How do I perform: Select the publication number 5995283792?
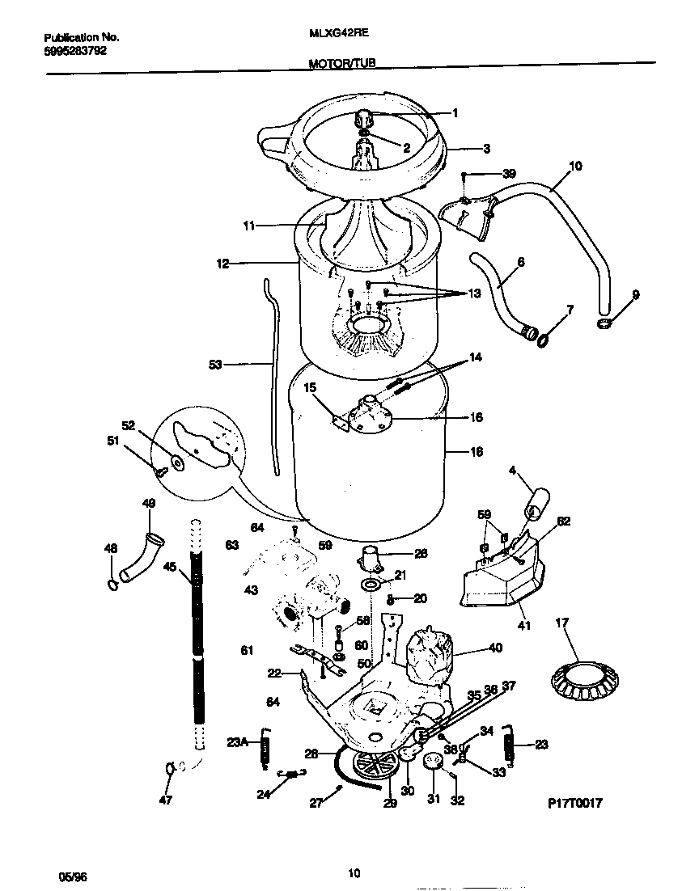coord(74,50)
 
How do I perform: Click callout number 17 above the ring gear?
coord(563,623)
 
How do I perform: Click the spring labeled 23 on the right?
coord(509,743)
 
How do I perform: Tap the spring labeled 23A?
coord(264,746)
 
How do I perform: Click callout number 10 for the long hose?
coord(575,167)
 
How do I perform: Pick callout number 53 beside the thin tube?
coord(215,365)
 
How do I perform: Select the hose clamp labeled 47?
coord(170,768)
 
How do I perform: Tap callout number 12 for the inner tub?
coord(223,263)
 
